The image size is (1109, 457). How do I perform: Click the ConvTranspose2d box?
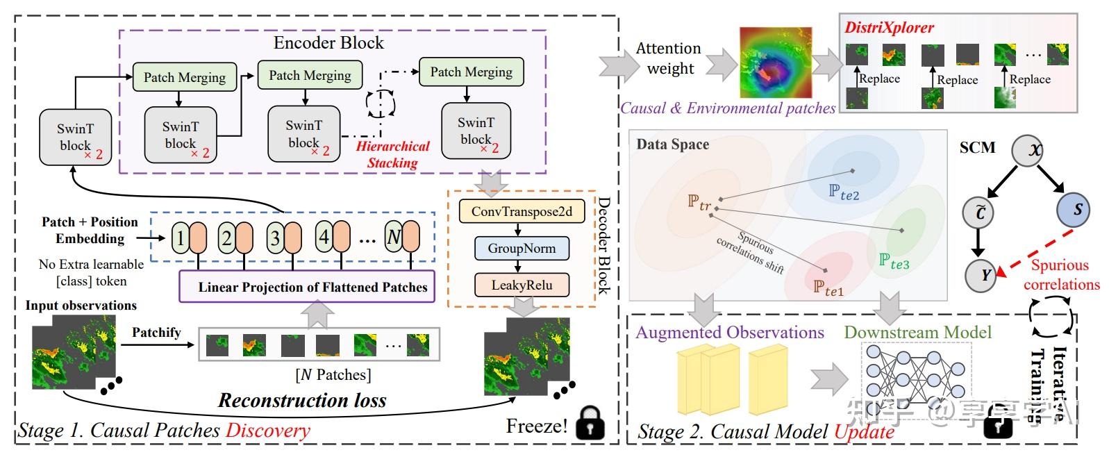click(522, 211)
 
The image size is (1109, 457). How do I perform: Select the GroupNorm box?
click(522, 248)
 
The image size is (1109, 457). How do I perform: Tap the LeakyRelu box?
click(522, 285)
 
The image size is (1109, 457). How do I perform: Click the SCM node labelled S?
click(1077, 210)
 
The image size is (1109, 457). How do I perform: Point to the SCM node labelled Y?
click(985, 276)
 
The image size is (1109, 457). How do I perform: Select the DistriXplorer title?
click(889, 28)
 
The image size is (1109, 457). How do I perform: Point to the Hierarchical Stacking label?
click(392, 154)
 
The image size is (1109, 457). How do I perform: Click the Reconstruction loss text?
click(302, 400)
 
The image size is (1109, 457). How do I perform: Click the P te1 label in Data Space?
click(828, 287)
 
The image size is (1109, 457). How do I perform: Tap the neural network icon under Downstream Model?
click(916, 379)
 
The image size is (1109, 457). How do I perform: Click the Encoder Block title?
click(328, 43)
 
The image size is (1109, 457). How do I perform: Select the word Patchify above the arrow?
click(156, 332)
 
